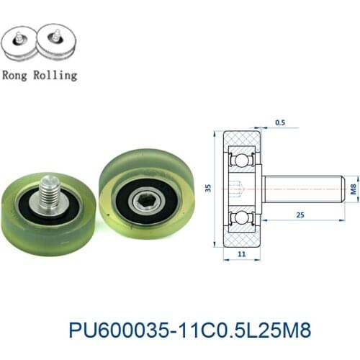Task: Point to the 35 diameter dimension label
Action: click(209, 189)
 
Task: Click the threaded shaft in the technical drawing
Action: click(302, 189)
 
